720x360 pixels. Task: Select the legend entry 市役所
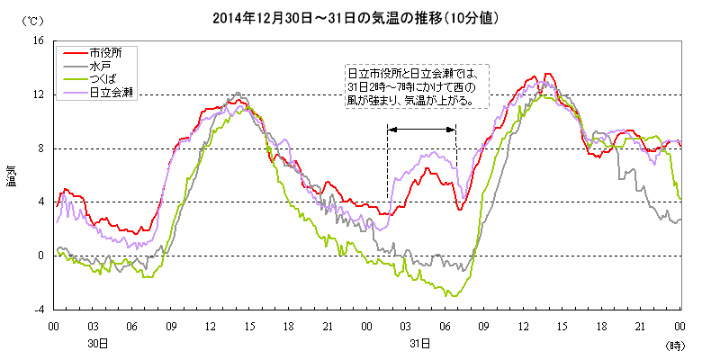point(106,52)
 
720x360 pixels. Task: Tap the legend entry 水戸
point(99,66)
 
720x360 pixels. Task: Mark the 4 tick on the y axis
point(40,202)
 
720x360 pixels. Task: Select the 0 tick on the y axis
point(40,256)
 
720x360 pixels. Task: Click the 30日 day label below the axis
point(98,344)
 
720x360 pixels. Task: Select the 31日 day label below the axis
point(418,344)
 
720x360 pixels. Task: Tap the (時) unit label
point(675,345)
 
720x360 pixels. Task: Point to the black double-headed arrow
point(421,130)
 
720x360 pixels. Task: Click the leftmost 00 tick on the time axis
point(54,325)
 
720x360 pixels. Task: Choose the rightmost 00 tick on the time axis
point(679,325)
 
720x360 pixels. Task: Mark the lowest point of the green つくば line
point(454,295)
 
